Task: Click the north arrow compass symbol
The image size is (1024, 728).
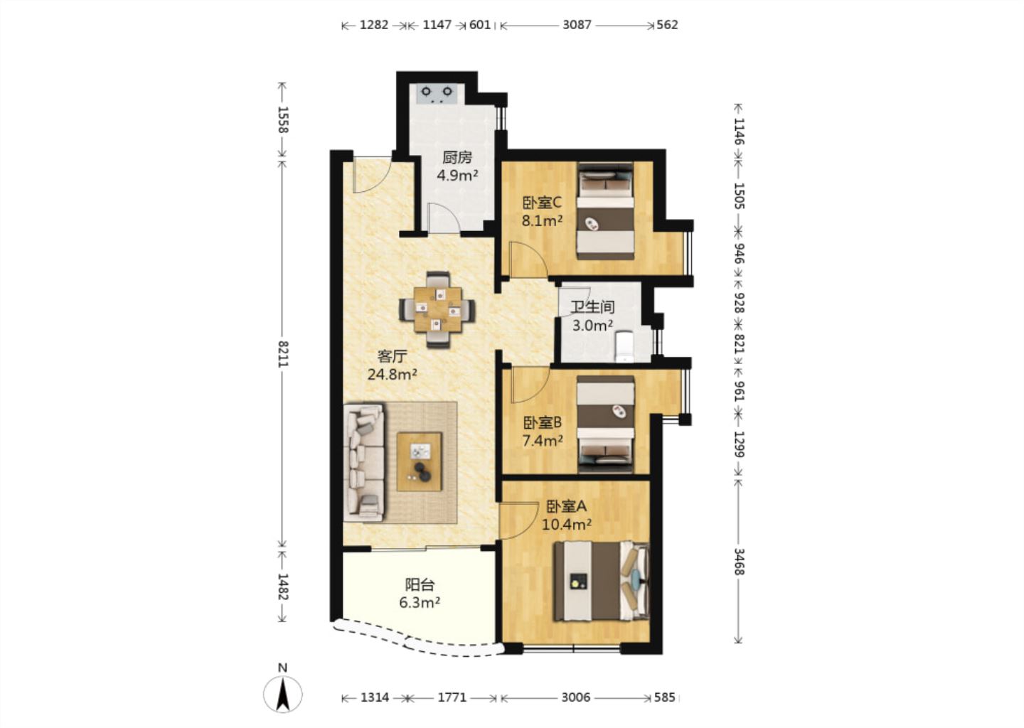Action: coord(283,694)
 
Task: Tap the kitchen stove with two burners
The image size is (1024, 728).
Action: coord(437,94)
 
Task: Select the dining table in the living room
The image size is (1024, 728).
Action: coord(437,310)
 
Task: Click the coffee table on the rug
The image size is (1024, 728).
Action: coord(420,461)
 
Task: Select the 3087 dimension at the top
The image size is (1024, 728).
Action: coord(577,25)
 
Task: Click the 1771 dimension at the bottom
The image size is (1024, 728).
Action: coord(452,697)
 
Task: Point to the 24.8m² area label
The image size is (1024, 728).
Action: coord(393,375)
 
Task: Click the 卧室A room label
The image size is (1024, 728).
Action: coord(566,506)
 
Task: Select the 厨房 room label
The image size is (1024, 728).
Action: coord(457,158)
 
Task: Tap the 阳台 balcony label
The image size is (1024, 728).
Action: coord(420,584)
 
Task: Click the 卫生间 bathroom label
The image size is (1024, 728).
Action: coord(592,307)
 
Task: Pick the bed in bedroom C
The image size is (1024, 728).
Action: coord(606,211)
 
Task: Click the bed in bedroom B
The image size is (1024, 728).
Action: coord(606,424)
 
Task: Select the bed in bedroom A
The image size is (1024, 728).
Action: coord(602,582)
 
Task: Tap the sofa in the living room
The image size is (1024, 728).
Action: coord(363,463)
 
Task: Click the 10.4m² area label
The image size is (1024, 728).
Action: coord(566,525)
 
